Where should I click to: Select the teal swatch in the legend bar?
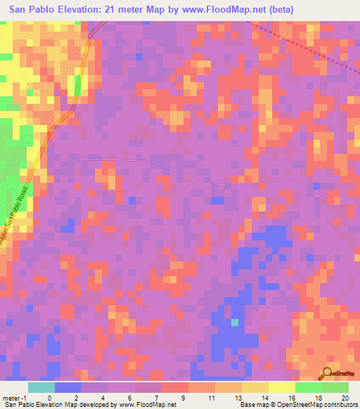pos(41,387)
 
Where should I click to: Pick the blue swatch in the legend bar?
pos(68,387)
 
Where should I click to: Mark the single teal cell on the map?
pos(236,323)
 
